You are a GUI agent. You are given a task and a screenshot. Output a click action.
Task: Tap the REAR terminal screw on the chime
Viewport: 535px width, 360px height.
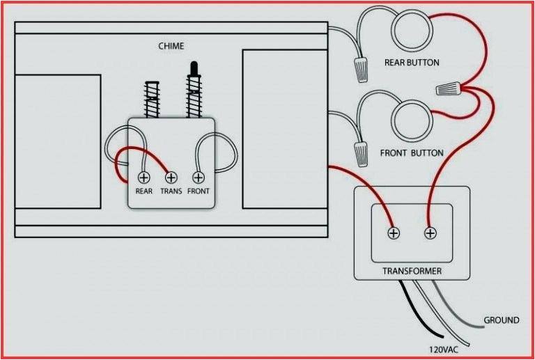tap(144, 177)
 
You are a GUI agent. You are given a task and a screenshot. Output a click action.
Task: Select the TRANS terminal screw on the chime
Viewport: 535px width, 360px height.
tap(171, 177)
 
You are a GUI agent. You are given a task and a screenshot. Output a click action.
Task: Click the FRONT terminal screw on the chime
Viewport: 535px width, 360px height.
tap(198, 177)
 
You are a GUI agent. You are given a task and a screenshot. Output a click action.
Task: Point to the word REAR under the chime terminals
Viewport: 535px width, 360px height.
tap(144, 191)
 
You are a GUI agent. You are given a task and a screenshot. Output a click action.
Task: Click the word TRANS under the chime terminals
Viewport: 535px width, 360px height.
tap(171, 191)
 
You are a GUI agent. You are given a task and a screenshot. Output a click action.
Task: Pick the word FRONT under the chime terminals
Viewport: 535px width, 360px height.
tap(198, 191)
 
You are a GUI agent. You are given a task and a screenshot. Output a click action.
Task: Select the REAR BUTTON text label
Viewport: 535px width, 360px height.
tap(412, 63)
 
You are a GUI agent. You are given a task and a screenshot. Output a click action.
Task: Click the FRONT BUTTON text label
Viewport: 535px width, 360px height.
tap(412, 152)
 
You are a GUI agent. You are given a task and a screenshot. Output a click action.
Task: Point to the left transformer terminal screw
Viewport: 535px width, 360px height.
tap(394, 233)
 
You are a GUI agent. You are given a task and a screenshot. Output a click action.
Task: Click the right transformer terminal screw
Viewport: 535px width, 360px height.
tap(431, 233)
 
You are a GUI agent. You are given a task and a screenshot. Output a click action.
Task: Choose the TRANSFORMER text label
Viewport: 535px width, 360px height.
tap(412, 270)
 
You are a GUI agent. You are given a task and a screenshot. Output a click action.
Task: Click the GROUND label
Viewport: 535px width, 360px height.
tap(502, 320)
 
